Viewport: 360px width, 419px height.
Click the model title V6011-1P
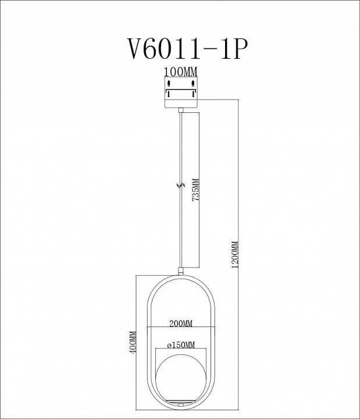pyautogui.click(x=186, y=49)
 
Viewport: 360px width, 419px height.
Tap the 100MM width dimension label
pyautogui.click(x=180, y=72)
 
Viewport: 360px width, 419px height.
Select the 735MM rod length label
pyautogui.click(x=196, y=190)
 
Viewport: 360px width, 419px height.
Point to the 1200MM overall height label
pyautogui.click(x=235, y=254)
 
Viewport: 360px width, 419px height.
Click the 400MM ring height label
pyautogui.click(x=133, y=342)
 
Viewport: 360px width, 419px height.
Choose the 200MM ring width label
pyautogui.click(x=181, y=324)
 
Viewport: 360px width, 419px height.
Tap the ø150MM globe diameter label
pyautogui.click(x=181, y=345)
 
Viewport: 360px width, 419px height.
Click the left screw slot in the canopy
pyautogui.click(x=169, y=83)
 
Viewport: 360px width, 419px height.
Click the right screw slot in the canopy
pyautogui.click(x=193, y=83)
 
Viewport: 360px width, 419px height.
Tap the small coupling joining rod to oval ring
pyautogui.click(x=181, y=271)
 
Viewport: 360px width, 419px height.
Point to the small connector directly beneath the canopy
pyautogui.click(x=181, y=110)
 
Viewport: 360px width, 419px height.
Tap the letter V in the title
pyautogui.click(x=136, y=49)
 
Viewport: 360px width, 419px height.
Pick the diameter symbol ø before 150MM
pyautogui.click(x=169, y=345)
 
